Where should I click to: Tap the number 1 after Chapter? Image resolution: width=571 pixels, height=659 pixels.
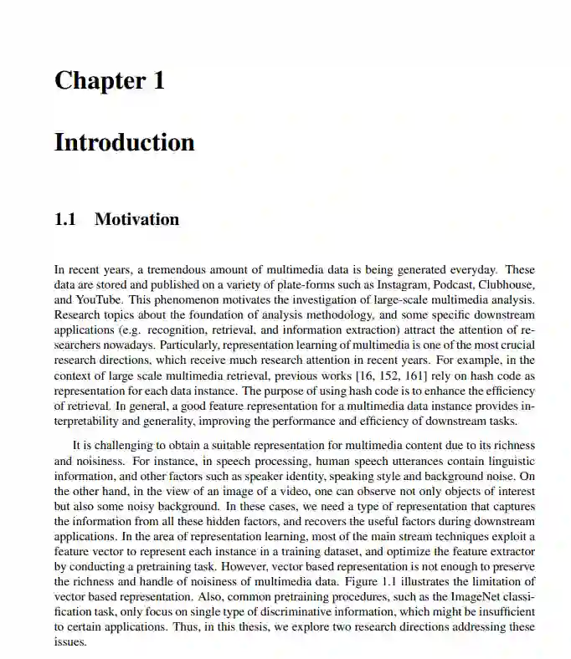[158, 81]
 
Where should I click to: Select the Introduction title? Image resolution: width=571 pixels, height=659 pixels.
[124, 142]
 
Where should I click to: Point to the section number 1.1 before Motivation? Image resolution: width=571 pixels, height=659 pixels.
[65, 220]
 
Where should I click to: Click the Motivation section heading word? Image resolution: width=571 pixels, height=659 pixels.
[136, 220]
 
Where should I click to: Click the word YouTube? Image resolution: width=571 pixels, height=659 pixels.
[97, 300]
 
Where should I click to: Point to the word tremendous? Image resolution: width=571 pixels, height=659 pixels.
[171, 270]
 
